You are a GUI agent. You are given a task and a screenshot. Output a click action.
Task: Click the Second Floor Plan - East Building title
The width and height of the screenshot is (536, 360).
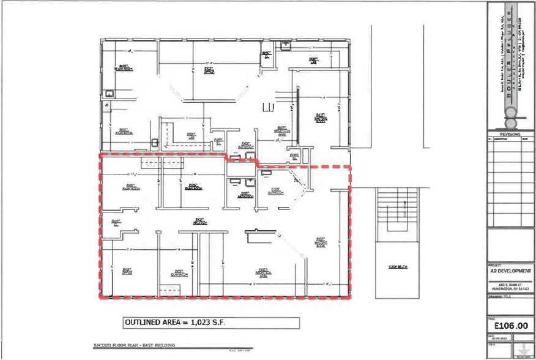(x=135, y=347)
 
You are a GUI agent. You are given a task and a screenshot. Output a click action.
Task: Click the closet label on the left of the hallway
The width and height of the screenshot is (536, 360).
(x=114, y=223)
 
